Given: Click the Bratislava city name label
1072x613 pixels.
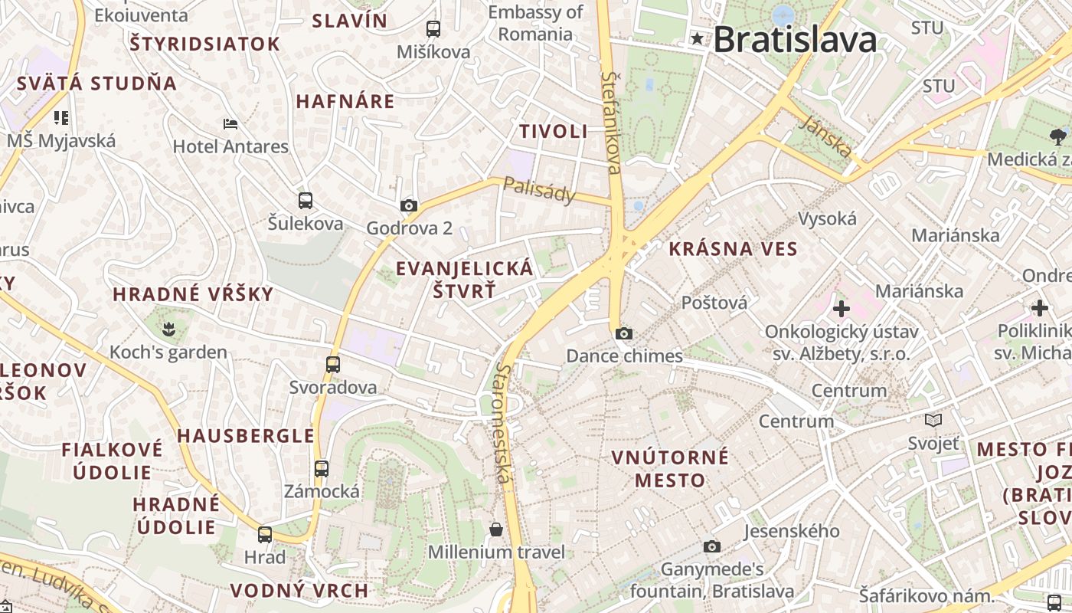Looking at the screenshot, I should click(795, 40).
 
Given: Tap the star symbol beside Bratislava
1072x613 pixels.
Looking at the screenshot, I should click(697, 38).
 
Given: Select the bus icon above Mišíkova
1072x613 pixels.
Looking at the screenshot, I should click(433, 29).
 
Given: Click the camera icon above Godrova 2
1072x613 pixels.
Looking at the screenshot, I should click(409, 205).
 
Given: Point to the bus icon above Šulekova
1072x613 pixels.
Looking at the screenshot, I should click(306, 201).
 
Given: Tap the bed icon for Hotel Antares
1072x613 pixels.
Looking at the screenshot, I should click(230, 123).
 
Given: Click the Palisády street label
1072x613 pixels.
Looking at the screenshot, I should click(539, 190).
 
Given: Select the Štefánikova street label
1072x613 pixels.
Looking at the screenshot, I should click(612, 123).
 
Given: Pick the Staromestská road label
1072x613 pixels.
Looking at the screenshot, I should click(502, 423).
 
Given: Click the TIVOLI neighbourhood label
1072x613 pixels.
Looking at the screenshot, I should click(554, 131).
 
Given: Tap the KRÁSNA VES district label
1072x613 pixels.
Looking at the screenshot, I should click(733, 249).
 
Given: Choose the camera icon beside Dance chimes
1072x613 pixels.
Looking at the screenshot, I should click(624, 333).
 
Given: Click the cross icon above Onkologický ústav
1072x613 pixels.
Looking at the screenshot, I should click(842, 309).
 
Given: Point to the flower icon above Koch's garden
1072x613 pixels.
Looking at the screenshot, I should click(168, 329).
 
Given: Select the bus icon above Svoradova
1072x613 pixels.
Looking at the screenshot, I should click(333, 365).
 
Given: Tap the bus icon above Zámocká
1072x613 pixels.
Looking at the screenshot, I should click(322, 468).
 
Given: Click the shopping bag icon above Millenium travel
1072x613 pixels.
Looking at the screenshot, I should click(496, 529).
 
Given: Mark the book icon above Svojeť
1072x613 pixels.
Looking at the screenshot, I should click(933, 420).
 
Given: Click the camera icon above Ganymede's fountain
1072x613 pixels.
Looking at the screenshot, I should click(712, 546).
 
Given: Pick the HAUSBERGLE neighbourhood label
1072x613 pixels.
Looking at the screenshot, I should click(246, 436).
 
